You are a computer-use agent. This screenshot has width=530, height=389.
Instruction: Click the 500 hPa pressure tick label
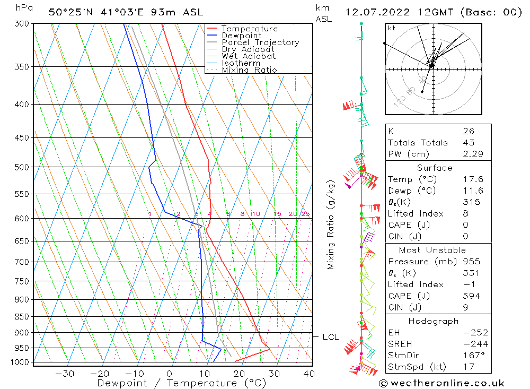pos(22,167)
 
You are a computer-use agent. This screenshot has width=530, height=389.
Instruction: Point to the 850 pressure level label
pos(22,317)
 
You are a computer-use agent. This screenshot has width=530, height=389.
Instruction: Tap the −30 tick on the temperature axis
pos(65,374)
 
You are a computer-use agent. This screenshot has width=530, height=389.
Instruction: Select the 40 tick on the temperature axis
pos(310,374)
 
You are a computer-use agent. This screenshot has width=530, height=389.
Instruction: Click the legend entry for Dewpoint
pos(242,36)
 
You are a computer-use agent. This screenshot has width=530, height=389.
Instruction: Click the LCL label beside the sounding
pos(331,337)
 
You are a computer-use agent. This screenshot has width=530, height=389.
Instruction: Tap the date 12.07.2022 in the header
pos(377,13)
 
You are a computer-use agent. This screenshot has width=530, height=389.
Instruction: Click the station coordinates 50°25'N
pos(70,13)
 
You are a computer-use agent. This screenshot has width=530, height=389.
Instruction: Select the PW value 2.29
pos(473,154)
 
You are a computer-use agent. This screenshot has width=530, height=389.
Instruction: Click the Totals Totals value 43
pos(469,143)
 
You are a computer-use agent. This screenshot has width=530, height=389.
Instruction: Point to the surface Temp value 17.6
pos(473,179)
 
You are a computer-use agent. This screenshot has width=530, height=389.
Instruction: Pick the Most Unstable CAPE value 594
pos(472,296)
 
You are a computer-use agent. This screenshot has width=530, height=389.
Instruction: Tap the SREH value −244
pos(475,344)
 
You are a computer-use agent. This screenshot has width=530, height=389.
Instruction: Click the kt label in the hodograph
pos(392,28)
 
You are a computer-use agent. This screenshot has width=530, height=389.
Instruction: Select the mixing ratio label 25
pos(306,214)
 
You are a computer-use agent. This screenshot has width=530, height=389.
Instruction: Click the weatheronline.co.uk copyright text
pos(441,383)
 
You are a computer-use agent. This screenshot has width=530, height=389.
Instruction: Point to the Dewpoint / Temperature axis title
pos(182,383)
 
